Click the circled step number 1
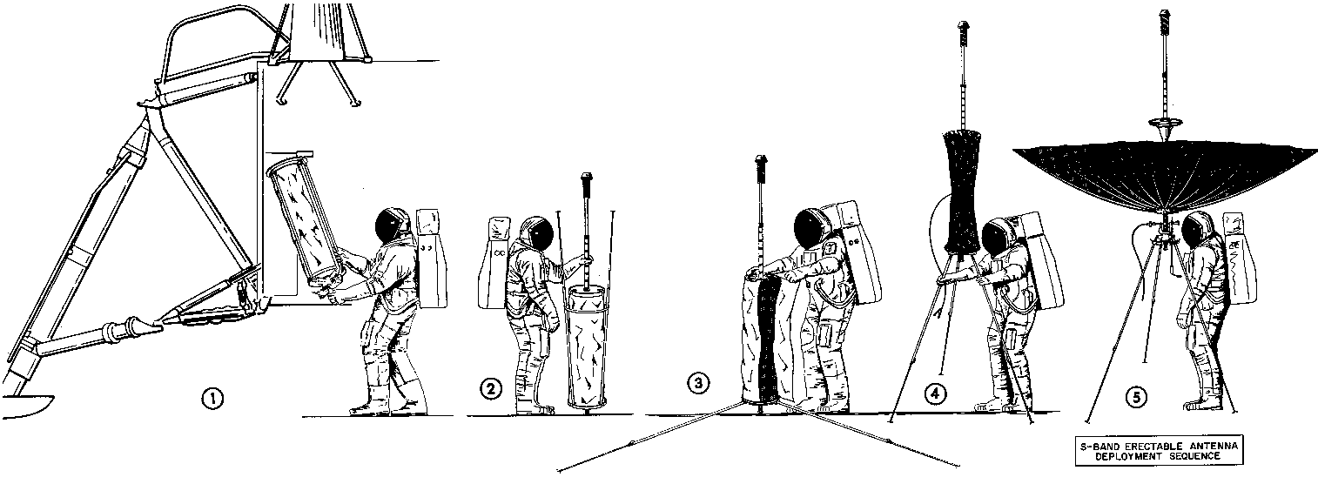tap(212, 400)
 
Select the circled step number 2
tap(491, 388)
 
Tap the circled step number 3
tap(698, 383)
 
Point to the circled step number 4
tap(936, 393)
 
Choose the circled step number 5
tap(1136, 398)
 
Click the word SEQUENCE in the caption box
tap(1194, 456)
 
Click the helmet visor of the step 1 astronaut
tap(387, 224)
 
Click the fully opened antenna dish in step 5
tap(1165, 177)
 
